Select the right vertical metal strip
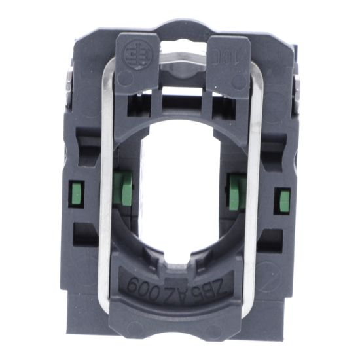point(254,196)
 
